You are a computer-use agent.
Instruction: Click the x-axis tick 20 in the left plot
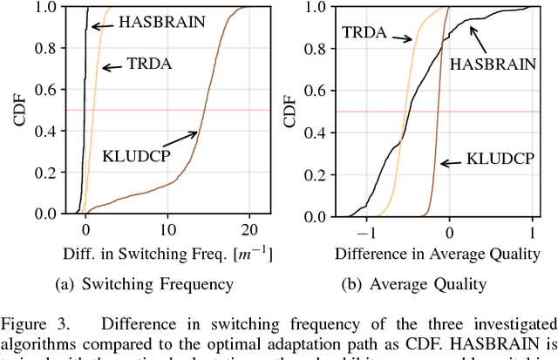pyautogui.click(x=249, y=230)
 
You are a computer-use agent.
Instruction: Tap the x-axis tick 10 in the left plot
pyautogui.click(x=167, y=230)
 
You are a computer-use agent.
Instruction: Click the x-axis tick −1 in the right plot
pyautogui.click(x=366, y=230)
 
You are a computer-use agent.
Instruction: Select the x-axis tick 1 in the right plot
pyautogui.click(x=533, y=230)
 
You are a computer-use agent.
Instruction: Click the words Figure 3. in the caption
pyautogui.click(x=31, y=316)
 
